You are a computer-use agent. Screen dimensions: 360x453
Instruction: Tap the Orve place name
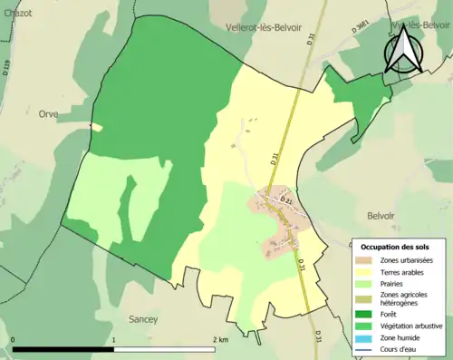pyautogui.click(x=47, y=114)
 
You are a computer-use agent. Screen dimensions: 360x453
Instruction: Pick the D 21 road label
pyautogui.click(x=287, y=199)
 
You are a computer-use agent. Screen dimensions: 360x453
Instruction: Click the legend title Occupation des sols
pyautogui.click(x=395, y=247)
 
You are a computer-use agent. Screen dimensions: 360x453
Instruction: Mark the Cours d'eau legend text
pyautogui.click(x=404, y=349)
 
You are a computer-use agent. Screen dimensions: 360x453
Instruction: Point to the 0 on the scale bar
pyautogui.click(x=13, y=340)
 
